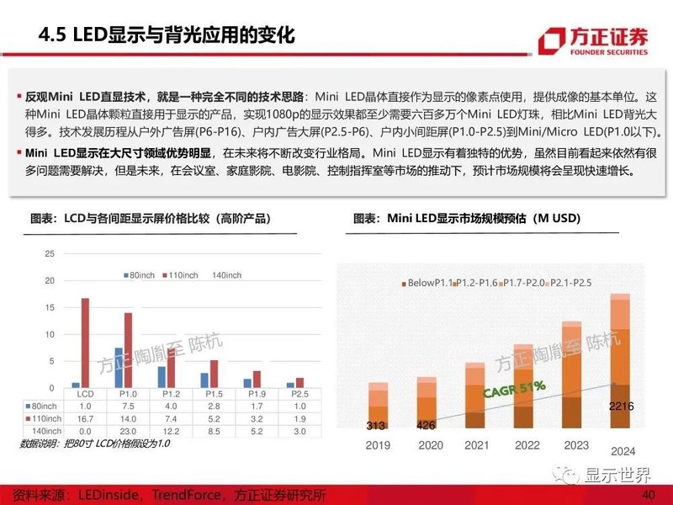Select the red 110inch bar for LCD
pyautogui.click(x=85, y=343)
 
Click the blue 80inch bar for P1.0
pyautogui.click(x=119, y=367)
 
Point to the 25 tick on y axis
pyautogui.click(x=50, y=253)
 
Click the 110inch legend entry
pyautogui.click(x=183, y=275)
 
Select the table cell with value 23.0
pyautogui.click(x=129, y=430)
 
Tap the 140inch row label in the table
pyautogui.click(x=48, y=430)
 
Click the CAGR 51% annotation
pyautogui.click(x=514, y=390)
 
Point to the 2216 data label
pyautogui.click(x=619, y=407)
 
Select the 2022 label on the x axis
pyautogui.click(x=528, y=446)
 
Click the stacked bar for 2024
pyautogui.click(x=618, y=362)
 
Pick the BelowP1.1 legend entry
pyautogui.click(x=430, y=284)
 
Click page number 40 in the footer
pyautogui.click(x=647, y=494)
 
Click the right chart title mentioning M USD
pyautogui.click(x=479, y=219)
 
